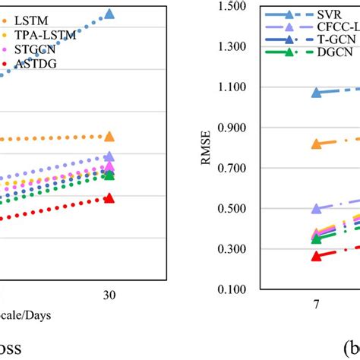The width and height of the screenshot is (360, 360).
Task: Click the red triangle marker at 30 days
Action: [109, 198]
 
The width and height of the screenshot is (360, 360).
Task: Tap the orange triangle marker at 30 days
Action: [109, 137]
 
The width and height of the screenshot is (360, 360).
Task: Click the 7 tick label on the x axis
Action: [316, 304]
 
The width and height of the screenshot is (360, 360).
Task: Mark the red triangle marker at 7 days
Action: [316, 256]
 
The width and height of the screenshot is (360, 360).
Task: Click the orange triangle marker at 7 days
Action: [316, 144]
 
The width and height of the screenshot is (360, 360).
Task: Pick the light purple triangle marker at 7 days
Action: [316, 208]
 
